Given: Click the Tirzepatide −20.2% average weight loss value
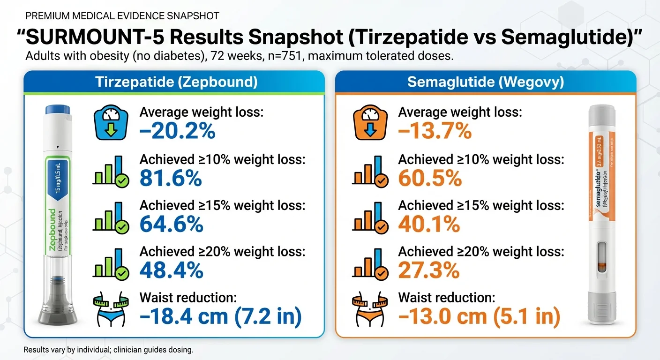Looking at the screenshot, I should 178,131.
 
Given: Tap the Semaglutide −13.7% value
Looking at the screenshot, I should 435,131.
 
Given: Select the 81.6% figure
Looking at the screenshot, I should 171,179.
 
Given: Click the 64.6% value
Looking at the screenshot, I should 172,225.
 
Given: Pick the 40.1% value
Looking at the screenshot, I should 429,225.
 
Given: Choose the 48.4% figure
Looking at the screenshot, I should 172,270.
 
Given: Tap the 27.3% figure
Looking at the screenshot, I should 428,270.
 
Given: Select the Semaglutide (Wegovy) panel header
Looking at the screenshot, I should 486,82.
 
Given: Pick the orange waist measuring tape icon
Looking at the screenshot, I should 370,309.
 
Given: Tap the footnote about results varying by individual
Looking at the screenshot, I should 108,350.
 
